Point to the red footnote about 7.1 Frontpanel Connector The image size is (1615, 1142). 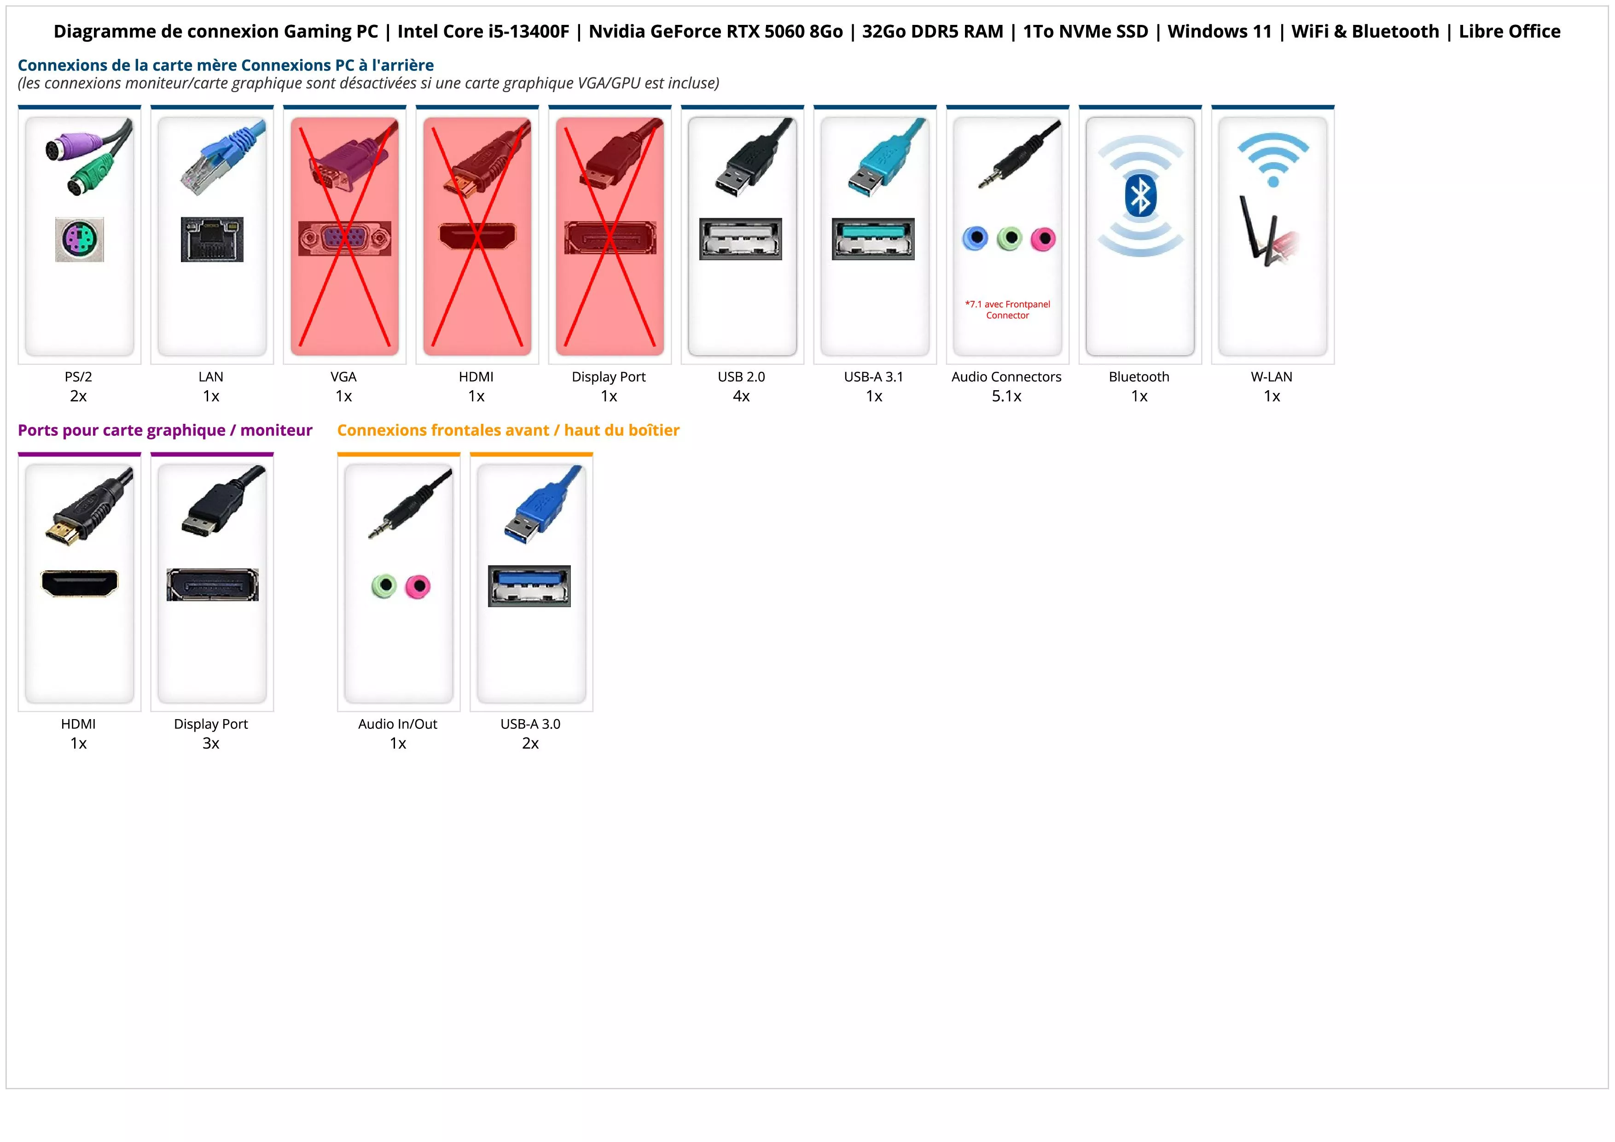[1007, 310]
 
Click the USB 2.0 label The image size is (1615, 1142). [741, 376]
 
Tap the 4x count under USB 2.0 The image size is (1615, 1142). [741, 396]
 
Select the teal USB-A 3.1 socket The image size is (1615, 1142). [874, 239]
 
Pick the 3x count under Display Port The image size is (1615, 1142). [211, 743]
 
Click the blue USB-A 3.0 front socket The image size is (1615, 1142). [529, 586]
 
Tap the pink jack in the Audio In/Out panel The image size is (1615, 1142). [418, 586]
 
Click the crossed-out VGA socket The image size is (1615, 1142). [345, 239]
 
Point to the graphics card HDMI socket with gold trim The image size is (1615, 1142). [80, 583]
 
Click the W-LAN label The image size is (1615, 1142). [1272, 376]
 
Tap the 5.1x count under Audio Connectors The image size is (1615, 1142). [1006, 396]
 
